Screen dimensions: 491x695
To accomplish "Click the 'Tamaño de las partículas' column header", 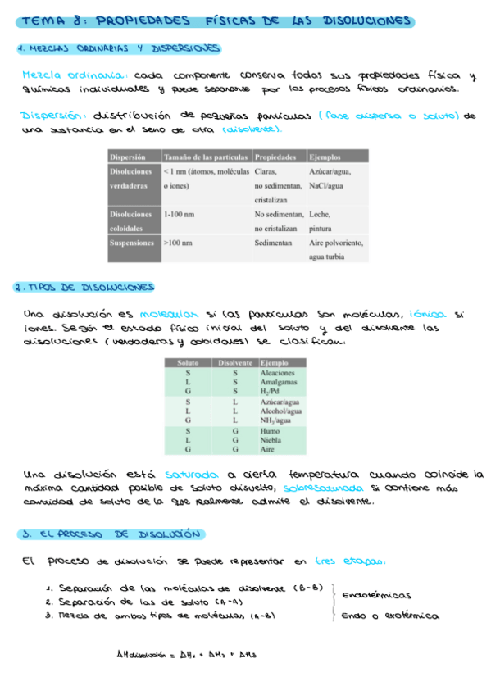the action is (x=206, y=157).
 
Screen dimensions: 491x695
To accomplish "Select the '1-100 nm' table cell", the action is (x=179, y=214).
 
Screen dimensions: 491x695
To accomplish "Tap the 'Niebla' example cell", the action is (x=270, y=439).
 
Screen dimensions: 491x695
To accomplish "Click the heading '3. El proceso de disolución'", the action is (x=109, y=534).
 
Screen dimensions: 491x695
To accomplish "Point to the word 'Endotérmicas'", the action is (x=376, y=595).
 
